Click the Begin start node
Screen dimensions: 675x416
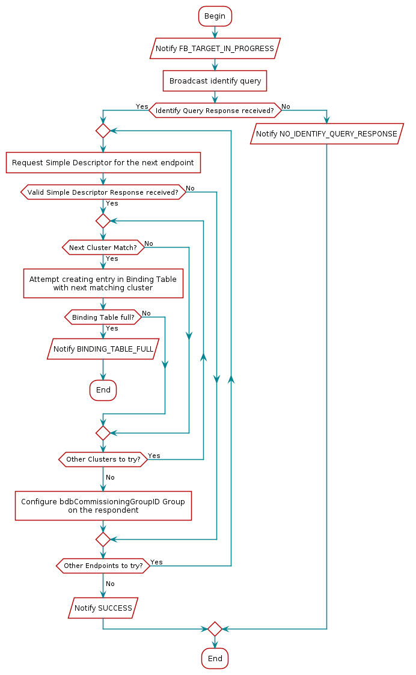(215, 16)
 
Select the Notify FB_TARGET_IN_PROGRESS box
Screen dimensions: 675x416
(215, 48)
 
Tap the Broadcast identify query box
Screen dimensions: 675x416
(215, 81)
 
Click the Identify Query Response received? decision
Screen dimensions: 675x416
(215, 111)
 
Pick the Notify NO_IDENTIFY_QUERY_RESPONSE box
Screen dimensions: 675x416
(326, 134)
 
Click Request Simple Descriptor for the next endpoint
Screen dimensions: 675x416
(103, 163)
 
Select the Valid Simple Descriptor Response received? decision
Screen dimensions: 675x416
(103, 192)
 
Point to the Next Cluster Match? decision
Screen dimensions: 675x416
(103, 247)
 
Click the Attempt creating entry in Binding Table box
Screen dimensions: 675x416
(103, 284)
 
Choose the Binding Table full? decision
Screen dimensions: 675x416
(103, 317)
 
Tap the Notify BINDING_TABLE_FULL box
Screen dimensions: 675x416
(103, 349)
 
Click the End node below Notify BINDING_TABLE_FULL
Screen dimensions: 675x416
(103, 390)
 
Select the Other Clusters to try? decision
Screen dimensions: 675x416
(103, 459)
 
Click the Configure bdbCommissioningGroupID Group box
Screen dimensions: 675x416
(103, 505)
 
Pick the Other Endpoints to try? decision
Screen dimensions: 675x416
(103, 566)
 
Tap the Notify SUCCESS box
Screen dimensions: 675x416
(103, 608)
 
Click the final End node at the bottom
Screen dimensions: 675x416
(215, 659)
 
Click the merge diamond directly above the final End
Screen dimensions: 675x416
(215, 629)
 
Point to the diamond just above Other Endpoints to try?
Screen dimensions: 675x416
(103, 539)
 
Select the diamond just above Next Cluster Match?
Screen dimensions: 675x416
(103, 221)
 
